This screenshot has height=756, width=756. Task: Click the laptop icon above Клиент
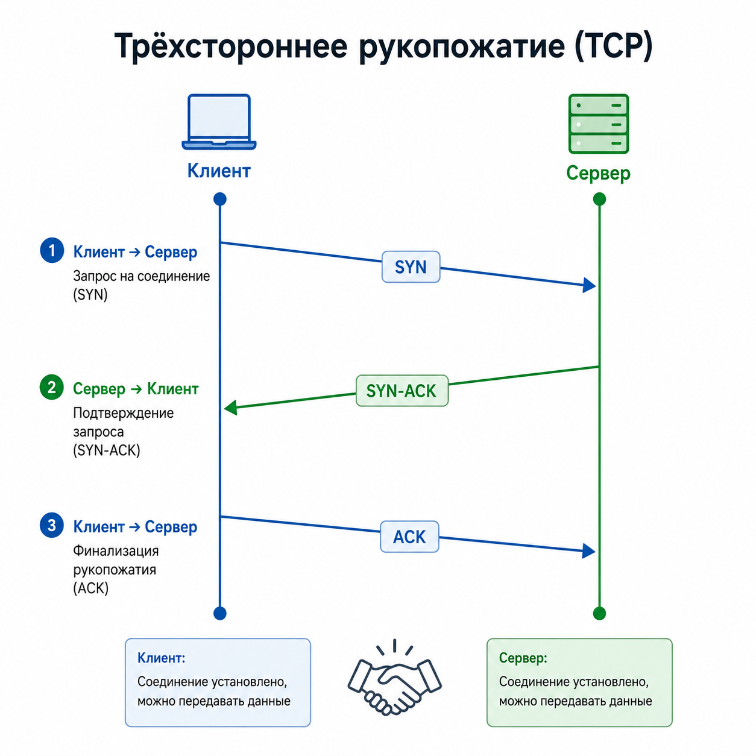coord(219,122)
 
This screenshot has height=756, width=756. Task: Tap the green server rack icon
coord(598,124)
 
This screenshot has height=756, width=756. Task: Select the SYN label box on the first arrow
coord(411,267)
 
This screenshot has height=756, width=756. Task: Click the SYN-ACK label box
coord(402,390)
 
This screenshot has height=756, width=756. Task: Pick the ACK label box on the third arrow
coord(409,537)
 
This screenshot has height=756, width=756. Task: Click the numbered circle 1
coord(52,250)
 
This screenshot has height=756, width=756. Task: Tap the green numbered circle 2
coord(52,387)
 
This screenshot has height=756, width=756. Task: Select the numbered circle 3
coord(52,525)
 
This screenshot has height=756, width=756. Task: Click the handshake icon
coord(395,680)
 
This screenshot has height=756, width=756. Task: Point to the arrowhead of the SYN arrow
coord(590,285)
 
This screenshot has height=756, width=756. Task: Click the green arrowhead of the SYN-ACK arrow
coord(230,408)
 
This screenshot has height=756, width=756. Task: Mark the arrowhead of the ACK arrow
coord(589,551)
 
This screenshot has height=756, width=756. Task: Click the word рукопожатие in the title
coord(462,46)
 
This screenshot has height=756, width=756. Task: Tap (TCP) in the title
coord(614,46)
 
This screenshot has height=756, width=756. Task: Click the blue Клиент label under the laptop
coord(219,171)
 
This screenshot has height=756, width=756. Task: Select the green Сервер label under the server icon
coord(598,173)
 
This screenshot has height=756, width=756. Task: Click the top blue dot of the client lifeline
coord(219,199)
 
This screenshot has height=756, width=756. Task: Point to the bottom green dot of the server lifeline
coord(599,613)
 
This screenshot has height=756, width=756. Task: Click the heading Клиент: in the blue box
coord(161,658)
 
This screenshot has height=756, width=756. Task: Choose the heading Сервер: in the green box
coord(523,658)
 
